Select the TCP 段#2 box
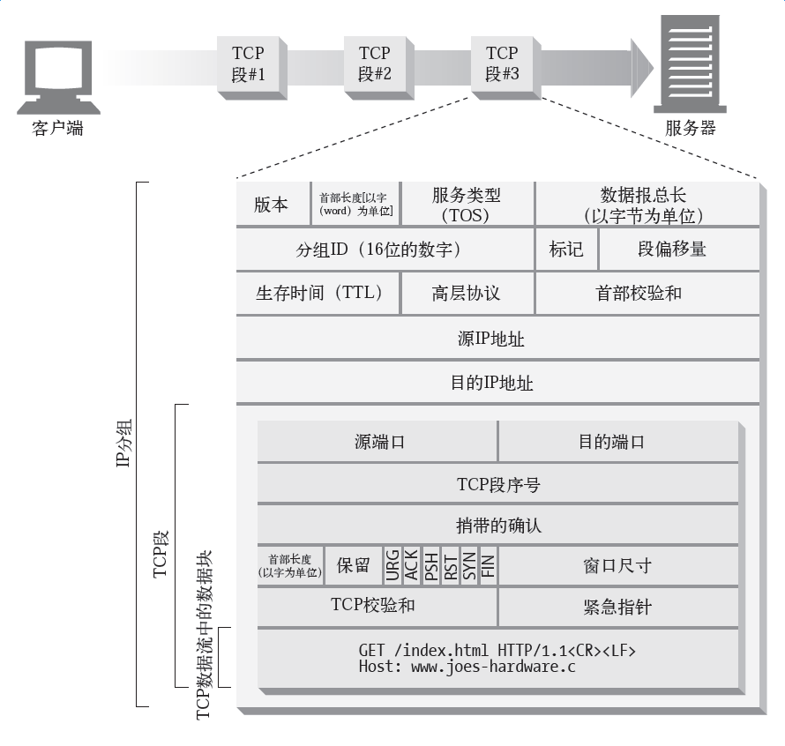pyautogui.click(x=374, y=63)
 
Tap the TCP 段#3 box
pyautogui.click(x=502, y=63)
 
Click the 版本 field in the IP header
pyautogui.click(x=272, y=205)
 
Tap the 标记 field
pyautogui.click(x=566, y=250)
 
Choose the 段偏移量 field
pyautogui.click(x=672, y=250)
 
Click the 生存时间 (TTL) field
pyautogui.click(x=318, y=294)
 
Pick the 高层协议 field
pyautogui.click(x=467, y=294)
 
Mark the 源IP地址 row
pyautogui.click(x=497, y=339)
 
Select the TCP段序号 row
pyautogui.click(x=497, y=484)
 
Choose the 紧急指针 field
pyautogui.click(x=617, y=608)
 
